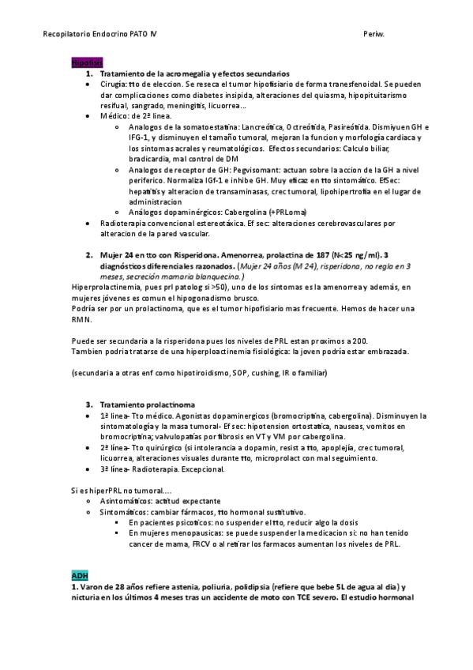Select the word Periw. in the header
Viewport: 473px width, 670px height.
374,36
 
